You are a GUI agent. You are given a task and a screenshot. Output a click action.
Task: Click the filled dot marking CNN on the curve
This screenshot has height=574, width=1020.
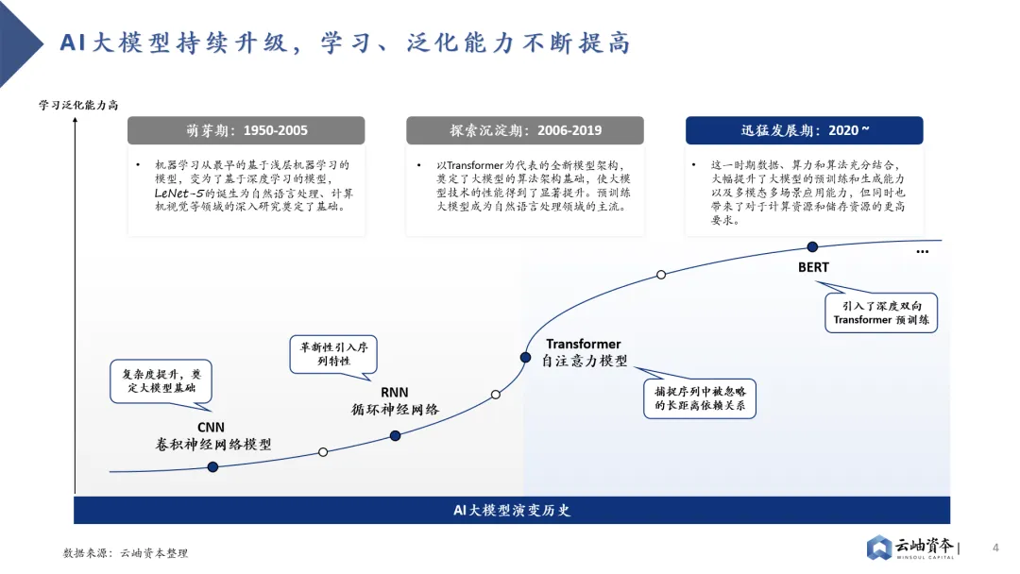coord(212,467)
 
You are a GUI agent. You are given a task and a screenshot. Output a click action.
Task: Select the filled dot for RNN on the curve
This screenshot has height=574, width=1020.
coord(395,435)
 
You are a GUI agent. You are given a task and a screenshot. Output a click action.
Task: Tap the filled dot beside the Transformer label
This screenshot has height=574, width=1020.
coord(525,358)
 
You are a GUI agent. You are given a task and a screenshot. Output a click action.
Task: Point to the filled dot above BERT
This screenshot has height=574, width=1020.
coord(812,246)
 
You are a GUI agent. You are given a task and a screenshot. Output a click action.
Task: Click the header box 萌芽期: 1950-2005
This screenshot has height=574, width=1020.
coord(246,130)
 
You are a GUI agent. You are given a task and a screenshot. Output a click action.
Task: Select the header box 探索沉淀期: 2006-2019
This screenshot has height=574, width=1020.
coord(525,130)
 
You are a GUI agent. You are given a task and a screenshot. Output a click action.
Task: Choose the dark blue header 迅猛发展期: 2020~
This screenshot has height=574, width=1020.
coord(804,130)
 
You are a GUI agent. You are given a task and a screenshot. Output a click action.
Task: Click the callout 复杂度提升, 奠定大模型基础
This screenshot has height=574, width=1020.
coord(161,380)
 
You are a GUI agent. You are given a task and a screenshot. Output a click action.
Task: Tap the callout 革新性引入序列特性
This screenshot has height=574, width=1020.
coord(333,354)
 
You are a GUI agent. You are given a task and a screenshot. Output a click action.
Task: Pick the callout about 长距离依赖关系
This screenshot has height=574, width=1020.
coord(700,397)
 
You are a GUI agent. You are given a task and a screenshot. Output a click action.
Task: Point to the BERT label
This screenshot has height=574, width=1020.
coord(812,267)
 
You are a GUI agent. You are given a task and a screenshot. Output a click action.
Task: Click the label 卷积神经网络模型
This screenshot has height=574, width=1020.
coord(213,444)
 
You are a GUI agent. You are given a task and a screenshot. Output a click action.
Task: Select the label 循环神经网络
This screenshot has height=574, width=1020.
coord(395,409)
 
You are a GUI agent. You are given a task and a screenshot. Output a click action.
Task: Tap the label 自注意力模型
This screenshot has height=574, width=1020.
coord(586,361)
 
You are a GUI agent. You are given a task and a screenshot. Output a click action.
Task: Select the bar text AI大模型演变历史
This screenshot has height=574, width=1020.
coord(512,510)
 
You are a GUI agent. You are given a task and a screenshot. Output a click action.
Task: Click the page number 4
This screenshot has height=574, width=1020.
coord(994,548)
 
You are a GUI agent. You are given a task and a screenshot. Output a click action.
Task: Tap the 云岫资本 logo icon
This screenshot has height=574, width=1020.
coord(880,548)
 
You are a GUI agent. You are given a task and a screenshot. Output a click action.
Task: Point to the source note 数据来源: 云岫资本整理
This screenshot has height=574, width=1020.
coord(126,552)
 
